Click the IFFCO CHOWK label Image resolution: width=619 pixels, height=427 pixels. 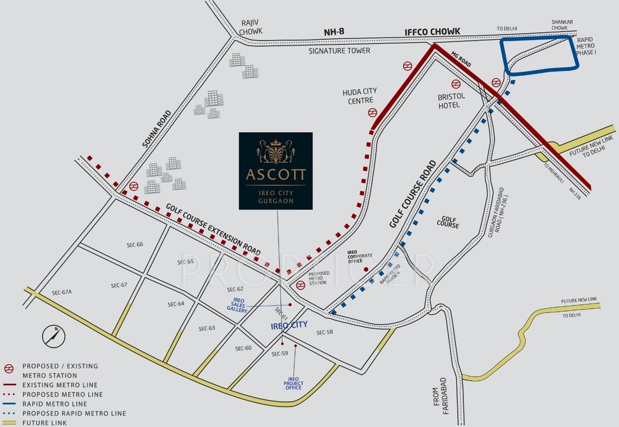coord(427,31)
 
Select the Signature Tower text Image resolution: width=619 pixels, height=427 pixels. coord(340,51)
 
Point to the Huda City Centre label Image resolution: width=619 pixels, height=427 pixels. coord(360,96)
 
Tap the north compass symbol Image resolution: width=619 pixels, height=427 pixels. coord(54,335)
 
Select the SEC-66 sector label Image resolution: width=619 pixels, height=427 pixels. coord(135,245)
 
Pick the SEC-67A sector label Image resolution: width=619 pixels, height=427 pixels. coord(62,292)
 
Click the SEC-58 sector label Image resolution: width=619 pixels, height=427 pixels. coord(325,332)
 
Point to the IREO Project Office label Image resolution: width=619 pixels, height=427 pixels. coord(293,383)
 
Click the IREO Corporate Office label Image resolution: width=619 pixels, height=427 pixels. coord(360,256)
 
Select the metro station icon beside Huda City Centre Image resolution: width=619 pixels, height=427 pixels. coord(373,113)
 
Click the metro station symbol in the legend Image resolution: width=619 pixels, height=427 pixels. coord(9,367)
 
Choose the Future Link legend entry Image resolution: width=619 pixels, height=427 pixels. coord(44,423)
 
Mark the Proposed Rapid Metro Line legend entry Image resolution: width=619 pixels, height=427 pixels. coord(74,413)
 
